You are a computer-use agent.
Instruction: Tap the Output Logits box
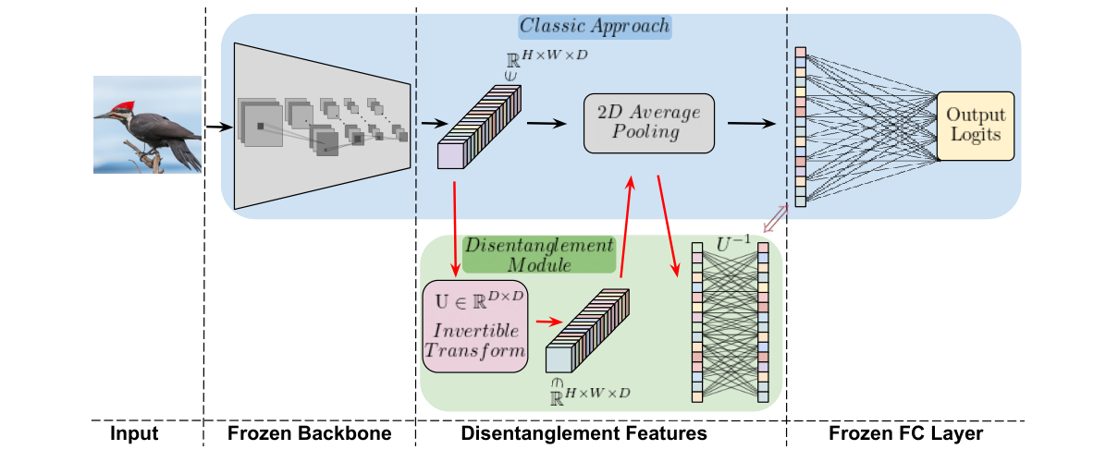[x=976, y=126]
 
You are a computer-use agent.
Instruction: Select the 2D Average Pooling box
[x=649, y=123]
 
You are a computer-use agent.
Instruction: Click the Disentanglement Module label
[x=538, y=254]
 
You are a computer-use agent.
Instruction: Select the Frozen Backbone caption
[x=309, y=433]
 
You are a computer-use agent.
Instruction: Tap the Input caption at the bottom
[x=135, y=433]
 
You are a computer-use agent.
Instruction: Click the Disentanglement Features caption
[x=584, y=433]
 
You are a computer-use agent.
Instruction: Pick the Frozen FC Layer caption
[x=905, y=433]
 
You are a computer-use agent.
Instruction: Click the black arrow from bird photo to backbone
[x=217, y=127]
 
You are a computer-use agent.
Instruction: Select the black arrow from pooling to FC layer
[x=751, y=123]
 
